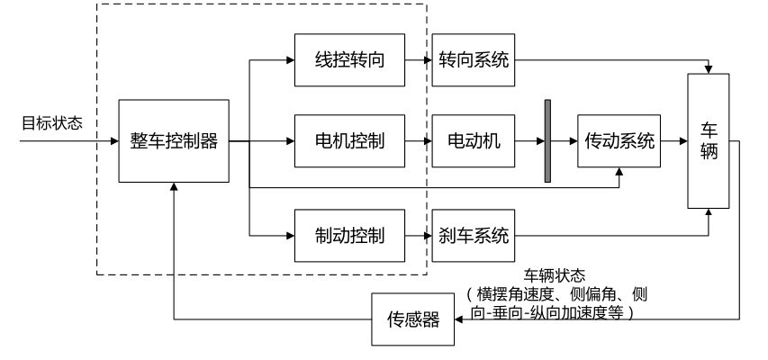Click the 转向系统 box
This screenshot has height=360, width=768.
(474, 61)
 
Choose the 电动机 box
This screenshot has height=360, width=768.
(474, 141)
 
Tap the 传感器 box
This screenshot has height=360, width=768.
(414, 319)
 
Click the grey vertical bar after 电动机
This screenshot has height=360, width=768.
(547, 141)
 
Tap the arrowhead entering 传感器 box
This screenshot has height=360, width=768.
(460, 319)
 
